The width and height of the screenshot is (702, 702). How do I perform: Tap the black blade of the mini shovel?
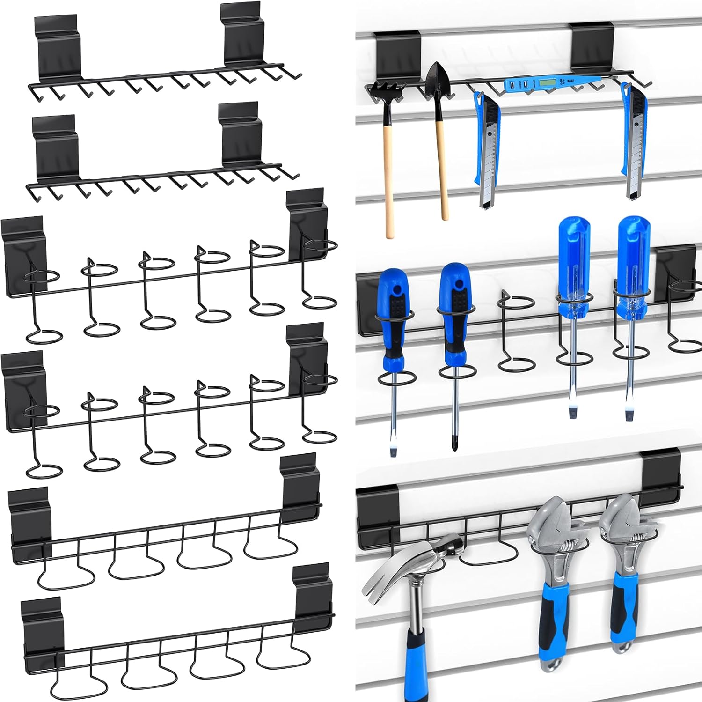click(438, 80)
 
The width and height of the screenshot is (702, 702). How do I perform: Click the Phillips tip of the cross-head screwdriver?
click(453, 442)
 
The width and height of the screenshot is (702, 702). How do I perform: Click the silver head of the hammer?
click(412, 562)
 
